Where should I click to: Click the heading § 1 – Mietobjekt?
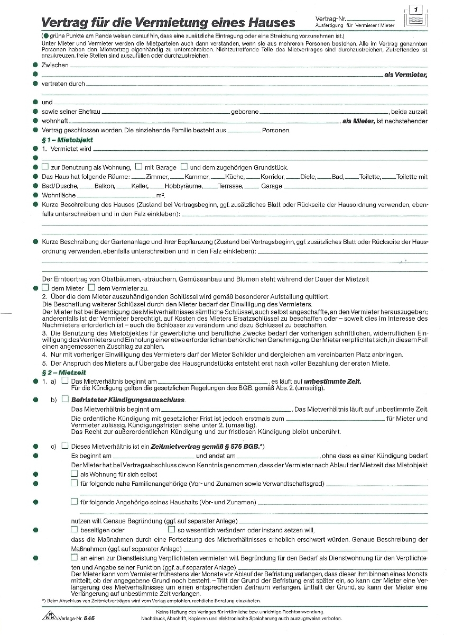(67, 140)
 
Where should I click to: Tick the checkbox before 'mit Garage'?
(138, 167)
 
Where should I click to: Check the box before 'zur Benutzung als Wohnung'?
(45, 167)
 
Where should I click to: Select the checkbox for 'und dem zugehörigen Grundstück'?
(184, 167)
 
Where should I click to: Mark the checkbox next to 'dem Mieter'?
(45, 287)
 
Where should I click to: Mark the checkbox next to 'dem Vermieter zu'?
(91, 287)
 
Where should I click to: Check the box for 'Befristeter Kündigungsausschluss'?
(65, 399)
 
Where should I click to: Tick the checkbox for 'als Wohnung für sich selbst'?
(74, 474)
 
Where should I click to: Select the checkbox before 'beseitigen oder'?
(74, 530)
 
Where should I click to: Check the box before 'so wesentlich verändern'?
(171, 530)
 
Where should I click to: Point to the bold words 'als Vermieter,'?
(405, 75)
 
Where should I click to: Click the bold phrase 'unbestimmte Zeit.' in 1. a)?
(332, 381)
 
